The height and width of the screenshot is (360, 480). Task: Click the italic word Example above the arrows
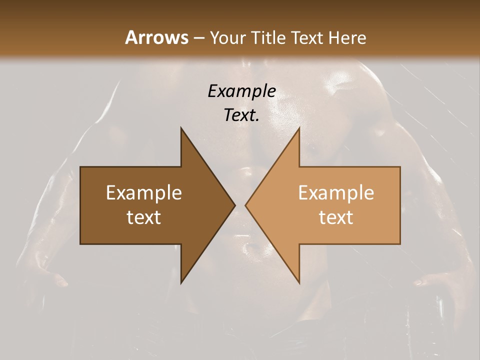[x=242, y=91]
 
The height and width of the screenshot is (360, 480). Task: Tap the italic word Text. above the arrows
[x=242, y=115]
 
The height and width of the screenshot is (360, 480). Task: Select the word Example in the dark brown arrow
[x=144, y=193]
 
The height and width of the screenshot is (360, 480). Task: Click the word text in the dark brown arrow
[x=144, y=217]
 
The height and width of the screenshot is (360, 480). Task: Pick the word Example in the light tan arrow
[x=336, y=193]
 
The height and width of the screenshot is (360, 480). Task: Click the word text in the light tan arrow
[x=336, y=217]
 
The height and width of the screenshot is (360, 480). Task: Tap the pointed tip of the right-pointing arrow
[x=234, y=205]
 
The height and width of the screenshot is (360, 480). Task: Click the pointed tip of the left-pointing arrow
[x=246, y=205]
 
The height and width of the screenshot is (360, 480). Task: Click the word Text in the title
[x=308, y=37]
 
